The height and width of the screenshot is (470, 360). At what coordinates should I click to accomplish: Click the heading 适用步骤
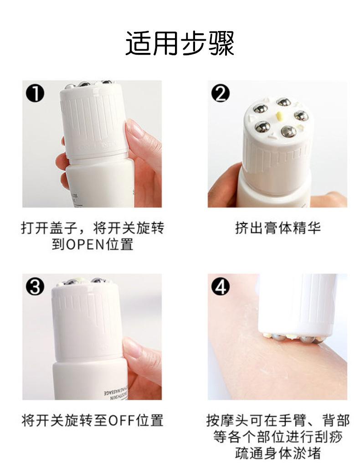(180, 44)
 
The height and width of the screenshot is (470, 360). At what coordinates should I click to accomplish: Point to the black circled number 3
(35, 287)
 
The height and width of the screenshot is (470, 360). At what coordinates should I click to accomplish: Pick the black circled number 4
(220, 287)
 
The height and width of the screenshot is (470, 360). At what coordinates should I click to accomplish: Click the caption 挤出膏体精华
(278, 228)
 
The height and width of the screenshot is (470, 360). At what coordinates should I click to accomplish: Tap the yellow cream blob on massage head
(280, 115)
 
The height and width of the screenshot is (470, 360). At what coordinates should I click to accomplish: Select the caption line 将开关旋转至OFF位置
(93, 420)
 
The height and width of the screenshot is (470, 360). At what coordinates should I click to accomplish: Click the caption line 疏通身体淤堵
(278, 453)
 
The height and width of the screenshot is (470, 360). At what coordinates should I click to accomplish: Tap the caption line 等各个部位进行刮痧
(278, 436)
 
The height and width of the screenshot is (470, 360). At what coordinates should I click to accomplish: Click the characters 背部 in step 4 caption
(336, 420)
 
